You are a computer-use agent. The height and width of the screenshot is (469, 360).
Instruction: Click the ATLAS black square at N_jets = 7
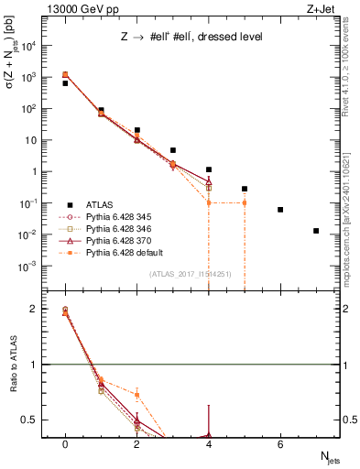316,231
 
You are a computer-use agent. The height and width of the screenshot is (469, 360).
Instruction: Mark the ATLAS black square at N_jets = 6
280,210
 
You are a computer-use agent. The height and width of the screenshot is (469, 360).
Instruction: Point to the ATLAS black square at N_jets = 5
245,189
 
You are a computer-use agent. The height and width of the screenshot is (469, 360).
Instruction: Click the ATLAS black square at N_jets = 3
172,150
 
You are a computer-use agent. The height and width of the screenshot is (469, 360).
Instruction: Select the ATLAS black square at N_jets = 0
65,83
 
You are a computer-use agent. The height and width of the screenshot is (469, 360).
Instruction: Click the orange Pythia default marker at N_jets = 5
245,202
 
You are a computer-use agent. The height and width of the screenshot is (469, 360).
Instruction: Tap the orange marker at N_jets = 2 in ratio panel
136,396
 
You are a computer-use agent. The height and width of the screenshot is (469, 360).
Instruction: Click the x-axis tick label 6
280,443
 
